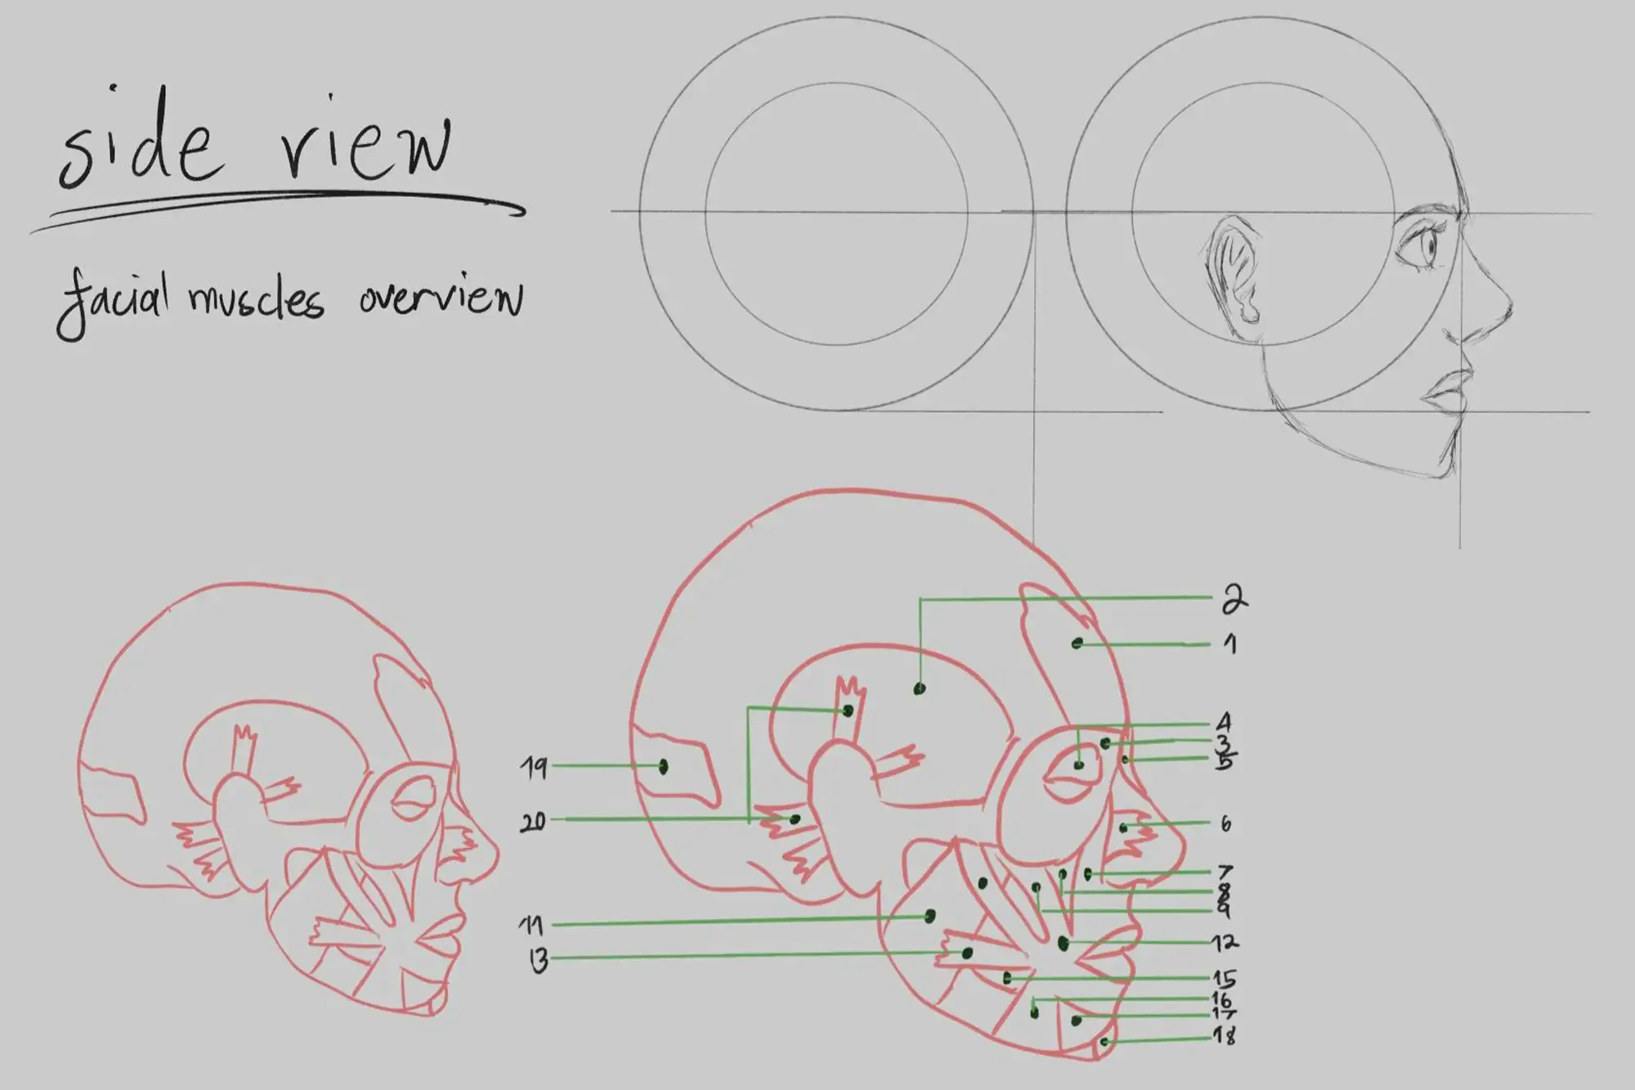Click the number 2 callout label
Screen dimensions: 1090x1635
[x=1234, y=599]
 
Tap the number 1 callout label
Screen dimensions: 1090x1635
[x=1230, y=644]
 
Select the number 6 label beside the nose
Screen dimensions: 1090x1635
[x=1225, y=823]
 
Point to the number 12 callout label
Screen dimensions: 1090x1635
[x=1224, y=943]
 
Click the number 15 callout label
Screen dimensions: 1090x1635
[x=1224, y=979]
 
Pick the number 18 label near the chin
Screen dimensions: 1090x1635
[x=1224, y=1036]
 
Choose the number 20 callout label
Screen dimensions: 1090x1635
[x=533, y=821]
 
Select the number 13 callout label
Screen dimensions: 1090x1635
[x=538, y=961]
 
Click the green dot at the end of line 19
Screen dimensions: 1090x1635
[x=663, y=766]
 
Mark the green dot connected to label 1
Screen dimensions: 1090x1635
[x=1077, y=644]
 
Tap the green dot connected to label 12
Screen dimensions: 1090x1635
[x=1063, y=944]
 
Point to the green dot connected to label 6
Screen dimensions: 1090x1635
[x=1123, y=828]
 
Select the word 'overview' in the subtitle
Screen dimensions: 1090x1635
[x=440, y=296]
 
